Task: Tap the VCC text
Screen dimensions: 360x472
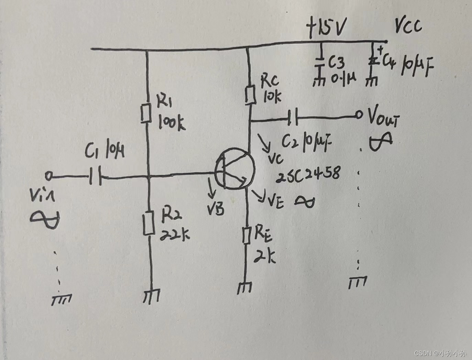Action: click(408, 26)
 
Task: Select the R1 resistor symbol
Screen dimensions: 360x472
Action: click(146, 113)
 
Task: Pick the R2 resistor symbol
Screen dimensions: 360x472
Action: click(149, 223)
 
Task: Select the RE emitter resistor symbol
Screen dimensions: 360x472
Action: click(246, 235)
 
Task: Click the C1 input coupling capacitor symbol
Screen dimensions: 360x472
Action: click(96, 177)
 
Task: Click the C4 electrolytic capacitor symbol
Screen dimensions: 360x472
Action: click(373, 62)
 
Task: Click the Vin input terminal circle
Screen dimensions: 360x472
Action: click(49, 176)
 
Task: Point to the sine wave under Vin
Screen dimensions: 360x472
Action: click(45, 219)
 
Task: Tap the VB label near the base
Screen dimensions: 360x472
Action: click(216, 208)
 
